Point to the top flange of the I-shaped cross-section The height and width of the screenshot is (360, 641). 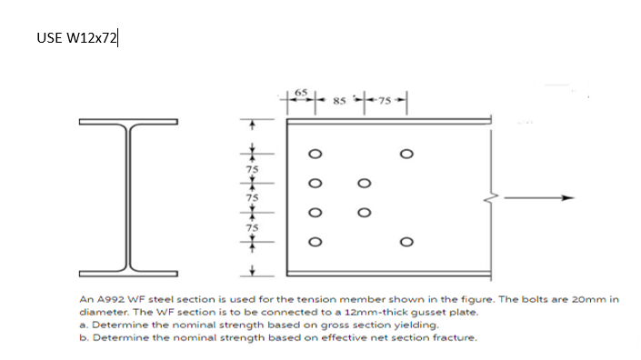click(126, 124)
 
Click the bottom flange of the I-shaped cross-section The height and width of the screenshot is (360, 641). click(126, 272)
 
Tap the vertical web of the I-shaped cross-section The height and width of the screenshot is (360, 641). click(126, 197)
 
